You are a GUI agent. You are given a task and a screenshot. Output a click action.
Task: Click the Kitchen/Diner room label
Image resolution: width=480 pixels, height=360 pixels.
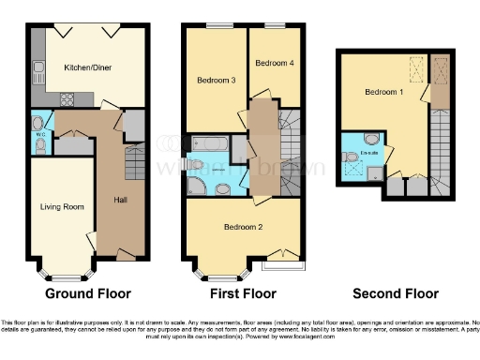pos(88,67)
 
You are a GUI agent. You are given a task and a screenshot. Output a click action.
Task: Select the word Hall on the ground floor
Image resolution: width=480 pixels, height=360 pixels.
pos(120,200)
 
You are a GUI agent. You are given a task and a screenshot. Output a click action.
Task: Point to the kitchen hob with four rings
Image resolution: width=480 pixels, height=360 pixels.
pos(67,98)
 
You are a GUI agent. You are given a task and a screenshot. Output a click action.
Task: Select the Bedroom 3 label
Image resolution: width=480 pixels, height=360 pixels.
pos(215,80)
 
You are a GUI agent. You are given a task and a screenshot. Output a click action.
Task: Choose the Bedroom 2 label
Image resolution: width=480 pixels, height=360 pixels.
pos(242,227)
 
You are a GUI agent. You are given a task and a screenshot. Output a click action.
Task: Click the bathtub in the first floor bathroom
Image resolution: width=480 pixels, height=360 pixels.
pos(208,143)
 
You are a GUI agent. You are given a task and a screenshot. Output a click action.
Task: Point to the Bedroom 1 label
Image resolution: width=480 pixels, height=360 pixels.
pos(383,92)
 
